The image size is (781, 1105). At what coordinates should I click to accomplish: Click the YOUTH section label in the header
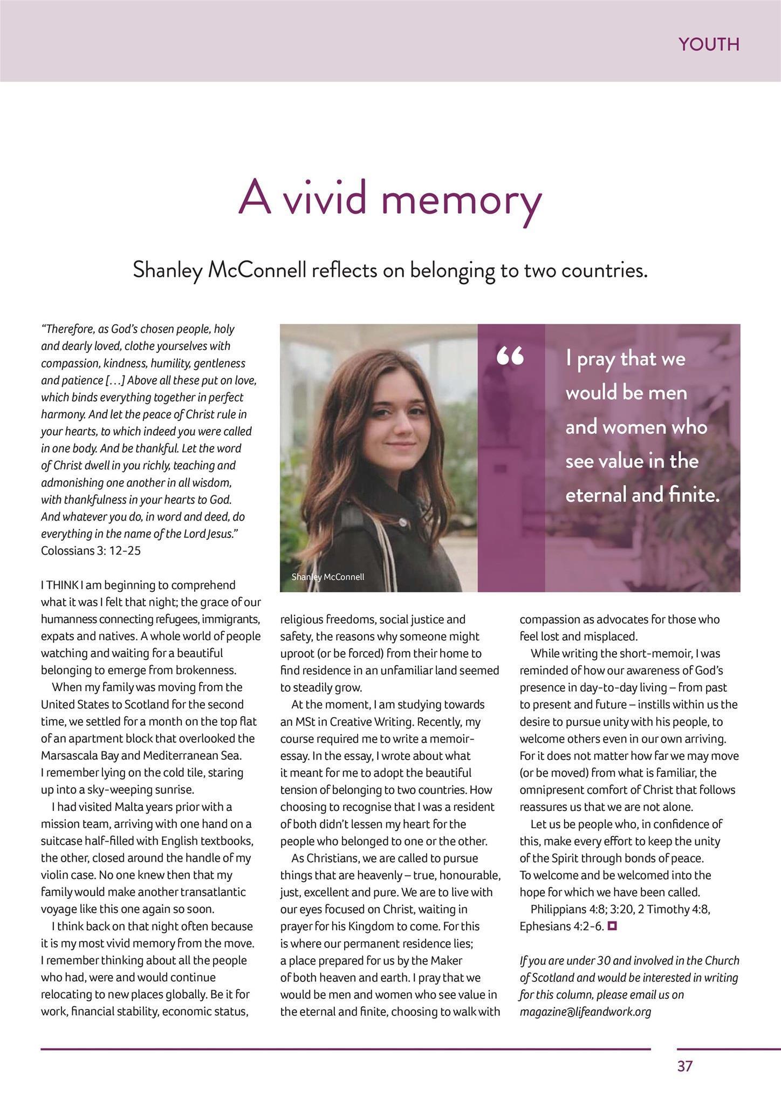pos(709,44)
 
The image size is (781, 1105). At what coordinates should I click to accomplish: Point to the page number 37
pos(685,1066)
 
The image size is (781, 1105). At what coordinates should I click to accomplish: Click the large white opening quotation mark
pos(510,357)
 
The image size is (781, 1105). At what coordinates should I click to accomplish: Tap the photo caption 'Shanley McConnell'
pos(328,577)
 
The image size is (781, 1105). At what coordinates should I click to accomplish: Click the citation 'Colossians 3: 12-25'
pos(91,551)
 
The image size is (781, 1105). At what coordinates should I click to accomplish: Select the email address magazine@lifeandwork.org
pos(585,1012)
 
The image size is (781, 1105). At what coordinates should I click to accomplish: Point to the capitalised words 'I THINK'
pos(59,585)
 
